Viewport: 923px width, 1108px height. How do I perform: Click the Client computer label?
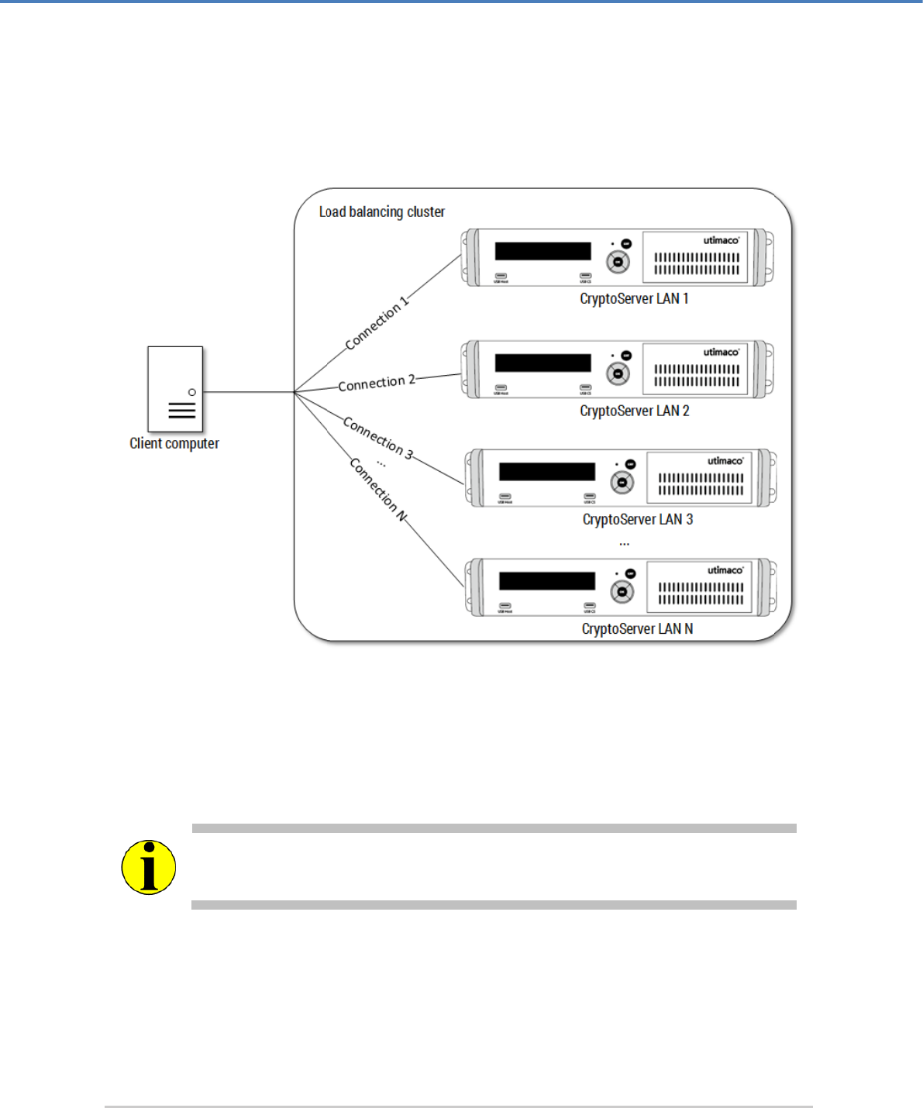(x=174, y=443)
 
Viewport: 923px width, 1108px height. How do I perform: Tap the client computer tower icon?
(x=175, y=389)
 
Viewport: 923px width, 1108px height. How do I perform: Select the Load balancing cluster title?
(x=382, y=212)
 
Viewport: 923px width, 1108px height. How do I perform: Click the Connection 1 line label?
(x=377, y=324)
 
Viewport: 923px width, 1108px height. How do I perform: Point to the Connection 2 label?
(x=377, y=383)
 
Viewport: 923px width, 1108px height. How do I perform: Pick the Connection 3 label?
(x=378, y=438)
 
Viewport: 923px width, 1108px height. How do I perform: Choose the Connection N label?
(x=378, y=489)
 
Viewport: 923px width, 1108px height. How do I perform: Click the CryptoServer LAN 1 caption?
(x=634, y=299)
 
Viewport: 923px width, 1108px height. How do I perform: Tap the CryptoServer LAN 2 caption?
(x=635, y=411)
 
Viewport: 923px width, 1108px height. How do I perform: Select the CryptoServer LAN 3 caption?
(x=638, y=519)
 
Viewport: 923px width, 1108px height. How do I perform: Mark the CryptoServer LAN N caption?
(x=637, y=628)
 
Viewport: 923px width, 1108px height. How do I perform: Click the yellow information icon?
(x=149, y=867)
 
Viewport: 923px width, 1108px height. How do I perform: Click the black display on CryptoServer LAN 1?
(x=542, y=251)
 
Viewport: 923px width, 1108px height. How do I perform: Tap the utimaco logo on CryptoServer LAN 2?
(x=722, y=353)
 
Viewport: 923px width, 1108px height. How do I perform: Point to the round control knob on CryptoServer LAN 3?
(x=622, y=483)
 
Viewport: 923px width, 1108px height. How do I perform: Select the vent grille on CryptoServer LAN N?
(x=701, y=594)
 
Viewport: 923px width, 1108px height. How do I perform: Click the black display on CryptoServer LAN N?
(x=547, y=581)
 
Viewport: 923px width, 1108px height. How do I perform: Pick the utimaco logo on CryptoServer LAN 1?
(x=722, y=241)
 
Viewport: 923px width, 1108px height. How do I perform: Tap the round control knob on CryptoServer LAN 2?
(x=618, y=374)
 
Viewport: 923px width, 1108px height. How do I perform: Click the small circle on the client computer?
(x=192, y=392)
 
